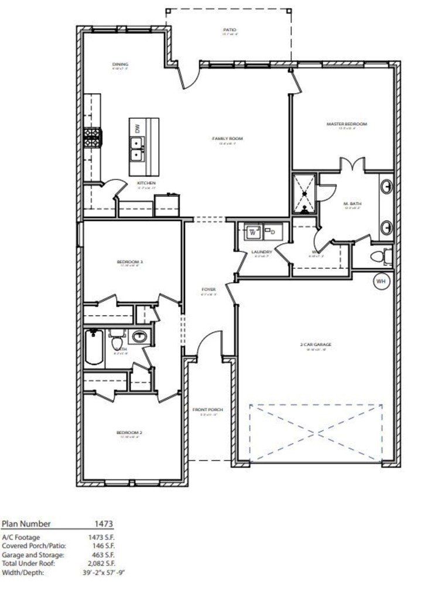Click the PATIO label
click(230, 30)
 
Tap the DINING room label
click(120, 64)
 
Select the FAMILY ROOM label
click(227, 139)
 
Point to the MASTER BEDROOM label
click(347, 124)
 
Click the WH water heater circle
click(381, 281)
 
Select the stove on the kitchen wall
click(93, 138)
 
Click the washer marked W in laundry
click(254, 231)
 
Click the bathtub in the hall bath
click(94, 347)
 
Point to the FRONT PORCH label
click(208, 410)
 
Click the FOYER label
click(208, 289)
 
